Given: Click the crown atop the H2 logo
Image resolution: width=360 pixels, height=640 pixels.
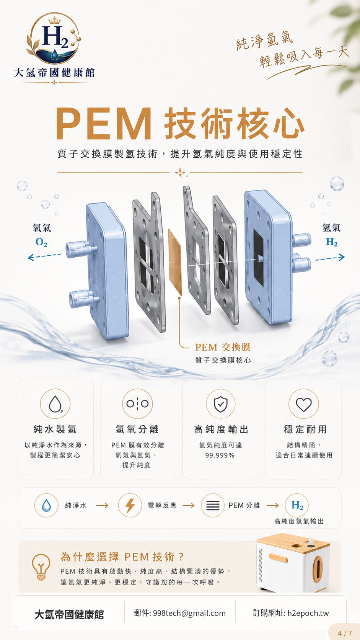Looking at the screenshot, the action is (55, 20).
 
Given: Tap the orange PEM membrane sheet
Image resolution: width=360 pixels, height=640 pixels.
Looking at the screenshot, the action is (175, 262).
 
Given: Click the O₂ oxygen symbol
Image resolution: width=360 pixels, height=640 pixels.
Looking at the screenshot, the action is (41, 242).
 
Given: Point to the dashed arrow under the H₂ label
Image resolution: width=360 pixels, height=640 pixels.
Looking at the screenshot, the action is (330, 258).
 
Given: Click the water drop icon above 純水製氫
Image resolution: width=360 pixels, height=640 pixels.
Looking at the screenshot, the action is (55, 404).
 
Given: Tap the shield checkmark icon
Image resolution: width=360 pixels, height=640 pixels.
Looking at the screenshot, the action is (221, 404).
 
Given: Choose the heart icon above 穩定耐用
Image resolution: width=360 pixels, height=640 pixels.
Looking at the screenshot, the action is (303, 404).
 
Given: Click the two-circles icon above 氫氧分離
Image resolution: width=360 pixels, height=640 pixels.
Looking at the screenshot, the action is (138, 404).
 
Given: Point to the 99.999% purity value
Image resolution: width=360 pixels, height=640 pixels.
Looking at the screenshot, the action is (220, 456).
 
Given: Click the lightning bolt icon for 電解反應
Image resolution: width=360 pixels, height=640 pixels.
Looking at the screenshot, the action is (130, 505).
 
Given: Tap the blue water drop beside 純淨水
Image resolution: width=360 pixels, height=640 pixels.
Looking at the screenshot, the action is (46, 505).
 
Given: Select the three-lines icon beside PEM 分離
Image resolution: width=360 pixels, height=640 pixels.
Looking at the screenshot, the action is (213, 505).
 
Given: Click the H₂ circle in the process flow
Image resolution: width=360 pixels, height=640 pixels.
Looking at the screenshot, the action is (297, 505).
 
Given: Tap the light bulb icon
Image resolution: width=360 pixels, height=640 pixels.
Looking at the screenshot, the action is (41, 567).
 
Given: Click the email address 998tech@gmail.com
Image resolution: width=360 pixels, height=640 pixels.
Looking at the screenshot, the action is (189, 613).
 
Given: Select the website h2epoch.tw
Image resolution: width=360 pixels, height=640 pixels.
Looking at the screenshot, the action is (308, 613).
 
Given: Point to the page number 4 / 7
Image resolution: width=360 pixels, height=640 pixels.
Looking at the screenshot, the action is (345, 633).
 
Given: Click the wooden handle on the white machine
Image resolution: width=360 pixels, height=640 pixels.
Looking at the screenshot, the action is (278, 557).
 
